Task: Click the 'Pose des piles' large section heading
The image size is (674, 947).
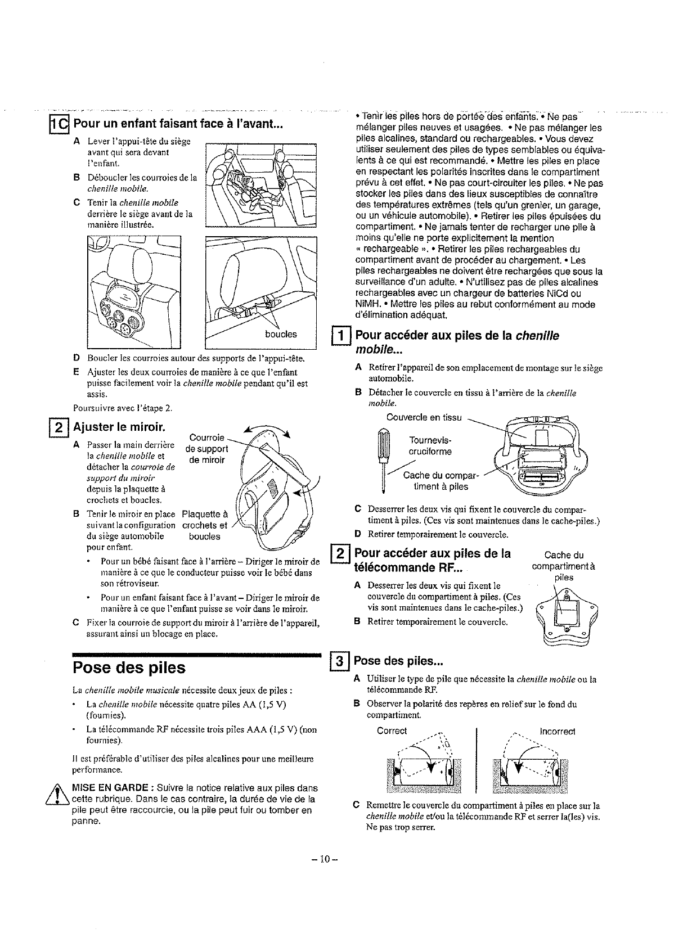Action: tap(129, 667)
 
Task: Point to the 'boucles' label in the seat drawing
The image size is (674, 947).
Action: tap(281, 334)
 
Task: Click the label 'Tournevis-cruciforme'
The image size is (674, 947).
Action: tap(430, 445)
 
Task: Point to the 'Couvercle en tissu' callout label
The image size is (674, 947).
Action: tap(424, 417)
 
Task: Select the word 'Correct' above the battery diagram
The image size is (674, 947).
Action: tap(392, 730)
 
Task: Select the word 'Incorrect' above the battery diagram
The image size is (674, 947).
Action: tap(557, 732)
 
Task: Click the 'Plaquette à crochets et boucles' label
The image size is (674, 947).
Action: tap(205, 525)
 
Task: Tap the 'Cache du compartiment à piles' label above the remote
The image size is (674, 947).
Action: tap(564, 566)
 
